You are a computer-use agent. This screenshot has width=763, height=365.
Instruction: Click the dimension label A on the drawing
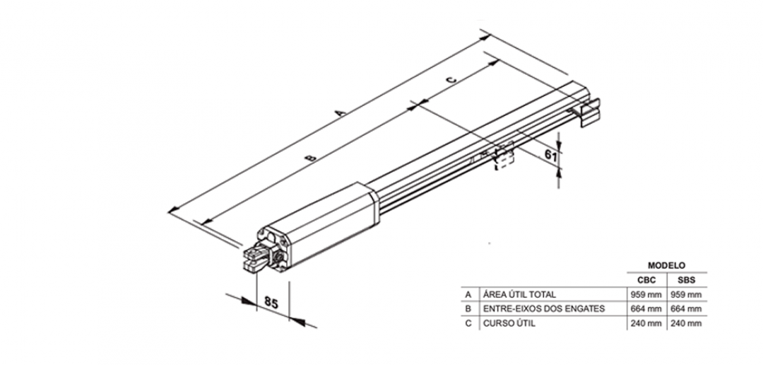(340, 112)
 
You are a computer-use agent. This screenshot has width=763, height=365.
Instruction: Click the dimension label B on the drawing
(309, 159)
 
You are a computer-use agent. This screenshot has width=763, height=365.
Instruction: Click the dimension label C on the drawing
(453, 79)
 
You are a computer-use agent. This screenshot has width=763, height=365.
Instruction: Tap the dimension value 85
(271, 302)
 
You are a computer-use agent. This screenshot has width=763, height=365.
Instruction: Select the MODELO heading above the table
(666, 265)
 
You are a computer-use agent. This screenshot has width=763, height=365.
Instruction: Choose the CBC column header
(646, 279)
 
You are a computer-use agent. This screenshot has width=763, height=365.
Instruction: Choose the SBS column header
(686, 279)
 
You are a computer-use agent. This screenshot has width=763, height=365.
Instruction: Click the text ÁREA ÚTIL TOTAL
(519, 294)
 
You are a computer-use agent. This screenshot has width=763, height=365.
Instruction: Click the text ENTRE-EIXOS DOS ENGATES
(543, 309)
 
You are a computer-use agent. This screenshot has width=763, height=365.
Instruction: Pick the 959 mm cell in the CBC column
(646, 294)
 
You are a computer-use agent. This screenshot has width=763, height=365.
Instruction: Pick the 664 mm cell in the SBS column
(686, 309)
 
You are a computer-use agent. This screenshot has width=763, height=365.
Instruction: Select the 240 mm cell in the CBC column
(646, 323)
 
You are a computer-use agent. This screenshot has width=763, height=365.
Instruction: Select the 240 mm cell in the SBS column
(686, 323)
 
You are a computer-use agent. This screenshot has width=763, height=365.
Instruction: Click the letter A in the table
(468, 294)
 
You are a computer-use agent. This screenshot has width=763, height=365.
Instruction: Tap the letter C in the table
(468, 323)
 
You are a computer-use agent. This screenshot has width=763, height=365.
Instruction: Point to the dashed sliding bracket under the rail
(503, 157)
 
